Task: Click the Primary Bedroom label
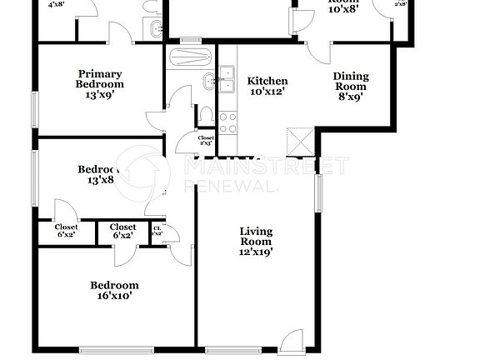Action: coord(100,78)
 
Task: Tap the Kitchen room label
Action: coord(268,81)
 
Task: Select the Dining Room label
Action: coord(351,81)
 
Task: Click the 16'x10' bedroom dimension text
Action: coord(114,295)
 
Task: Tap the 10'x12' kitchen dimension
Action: coord(268,92)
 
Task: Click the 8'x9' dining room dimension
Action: coord(351,97)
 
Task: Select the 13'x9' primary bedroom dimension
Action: coord(100,95)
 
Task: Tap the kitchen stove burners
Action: coord(227,121)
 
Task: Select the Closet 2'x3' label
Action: coord(206,141)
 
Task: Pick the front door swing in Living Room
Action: coord(292,340)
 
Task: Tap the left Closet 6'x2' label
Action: coord(67,231)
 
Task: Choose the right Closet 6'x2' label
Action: coord(123,231)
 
